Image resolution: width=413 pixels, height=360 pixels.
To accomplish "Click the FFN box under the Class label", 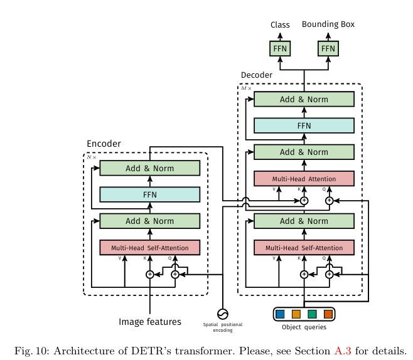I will coord(280,48).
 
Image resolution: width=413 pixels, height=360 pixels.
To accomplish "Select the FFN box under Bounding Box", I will coord(328,48).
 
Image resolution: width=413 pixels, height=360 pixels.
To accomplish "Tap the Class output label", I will coord(280,25).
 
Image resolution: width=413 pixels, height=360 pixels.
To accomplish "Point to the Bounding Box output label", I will coord(328,24).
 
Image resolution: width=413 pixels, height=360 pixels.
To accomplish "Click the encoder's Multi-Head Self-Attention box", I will coord(149,248).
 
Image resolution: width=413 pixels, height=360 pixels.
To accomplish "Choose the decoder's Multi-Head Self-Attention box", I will coord(304,248).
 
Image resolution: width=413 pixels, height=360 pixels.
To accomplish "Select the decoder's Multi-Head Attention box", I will coord(304,179).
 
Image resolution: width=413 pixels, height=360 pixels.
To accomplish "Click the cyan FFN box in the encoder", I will coord(149,194).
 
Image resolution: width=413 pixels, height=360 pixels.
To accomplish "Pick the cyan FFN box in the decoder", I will coord(304,125).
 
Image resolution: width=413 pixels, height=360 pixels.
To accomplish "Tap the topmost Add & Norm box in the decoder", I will coord(304,99).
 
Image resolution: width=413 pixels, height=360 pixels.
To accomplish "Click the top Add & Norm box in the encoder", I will coord(149,168).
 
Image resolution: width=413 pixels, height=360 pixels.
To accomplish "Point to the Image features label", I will coord(150,322).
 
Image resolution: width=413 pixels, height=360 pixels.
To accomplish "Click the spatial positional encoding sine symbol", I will coord(222,314).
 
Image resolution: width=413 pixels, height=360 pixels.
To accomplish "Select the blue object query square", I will coord(280,314).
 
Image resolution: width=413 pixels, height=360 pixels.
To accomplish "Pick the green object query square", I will coord(312,314).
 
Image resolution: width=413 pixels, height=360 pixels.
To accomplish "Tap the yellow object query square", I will coord(296,314).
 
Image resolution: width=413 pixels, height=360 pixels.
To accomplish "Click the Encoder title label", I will coord(104,144).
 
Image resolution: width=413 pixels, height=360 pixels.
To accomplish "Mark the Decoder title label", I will coord(257,75).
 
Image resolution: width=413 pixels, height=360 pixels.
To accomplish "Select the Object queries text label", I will coord(304,327).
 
